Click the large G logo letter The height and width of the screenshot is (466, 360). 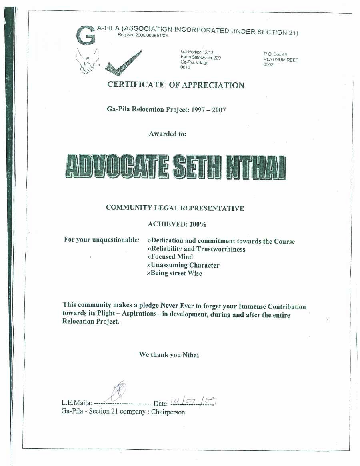[x=86, y=35]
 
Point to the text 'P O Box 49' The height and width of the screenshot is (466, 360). [x=275, y=54]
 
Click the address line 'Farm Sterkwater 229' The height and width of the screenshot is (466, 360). [x=201, y=57]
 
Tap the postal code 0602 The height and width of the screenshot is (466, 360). [x=268, y=65]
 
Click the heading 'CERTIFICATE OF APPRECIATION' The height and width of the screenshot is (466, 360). [x=176, y=85]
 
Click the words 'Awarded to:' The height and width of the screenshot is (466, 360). [x=168, y=134]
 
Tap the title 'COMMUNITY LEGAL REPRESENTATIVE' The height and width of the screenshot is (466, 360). [x=175, y=208]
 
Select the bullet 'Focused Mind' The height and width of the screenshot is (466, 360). [x=170, y=257]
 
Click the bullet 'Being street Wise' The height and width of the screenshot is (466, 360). [x=174, y=273]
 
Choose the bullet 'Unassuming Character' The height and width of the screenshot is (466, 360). [x=183, y=265]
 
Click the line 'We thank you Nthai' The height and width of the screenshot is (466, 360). [x=169, y=355]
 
